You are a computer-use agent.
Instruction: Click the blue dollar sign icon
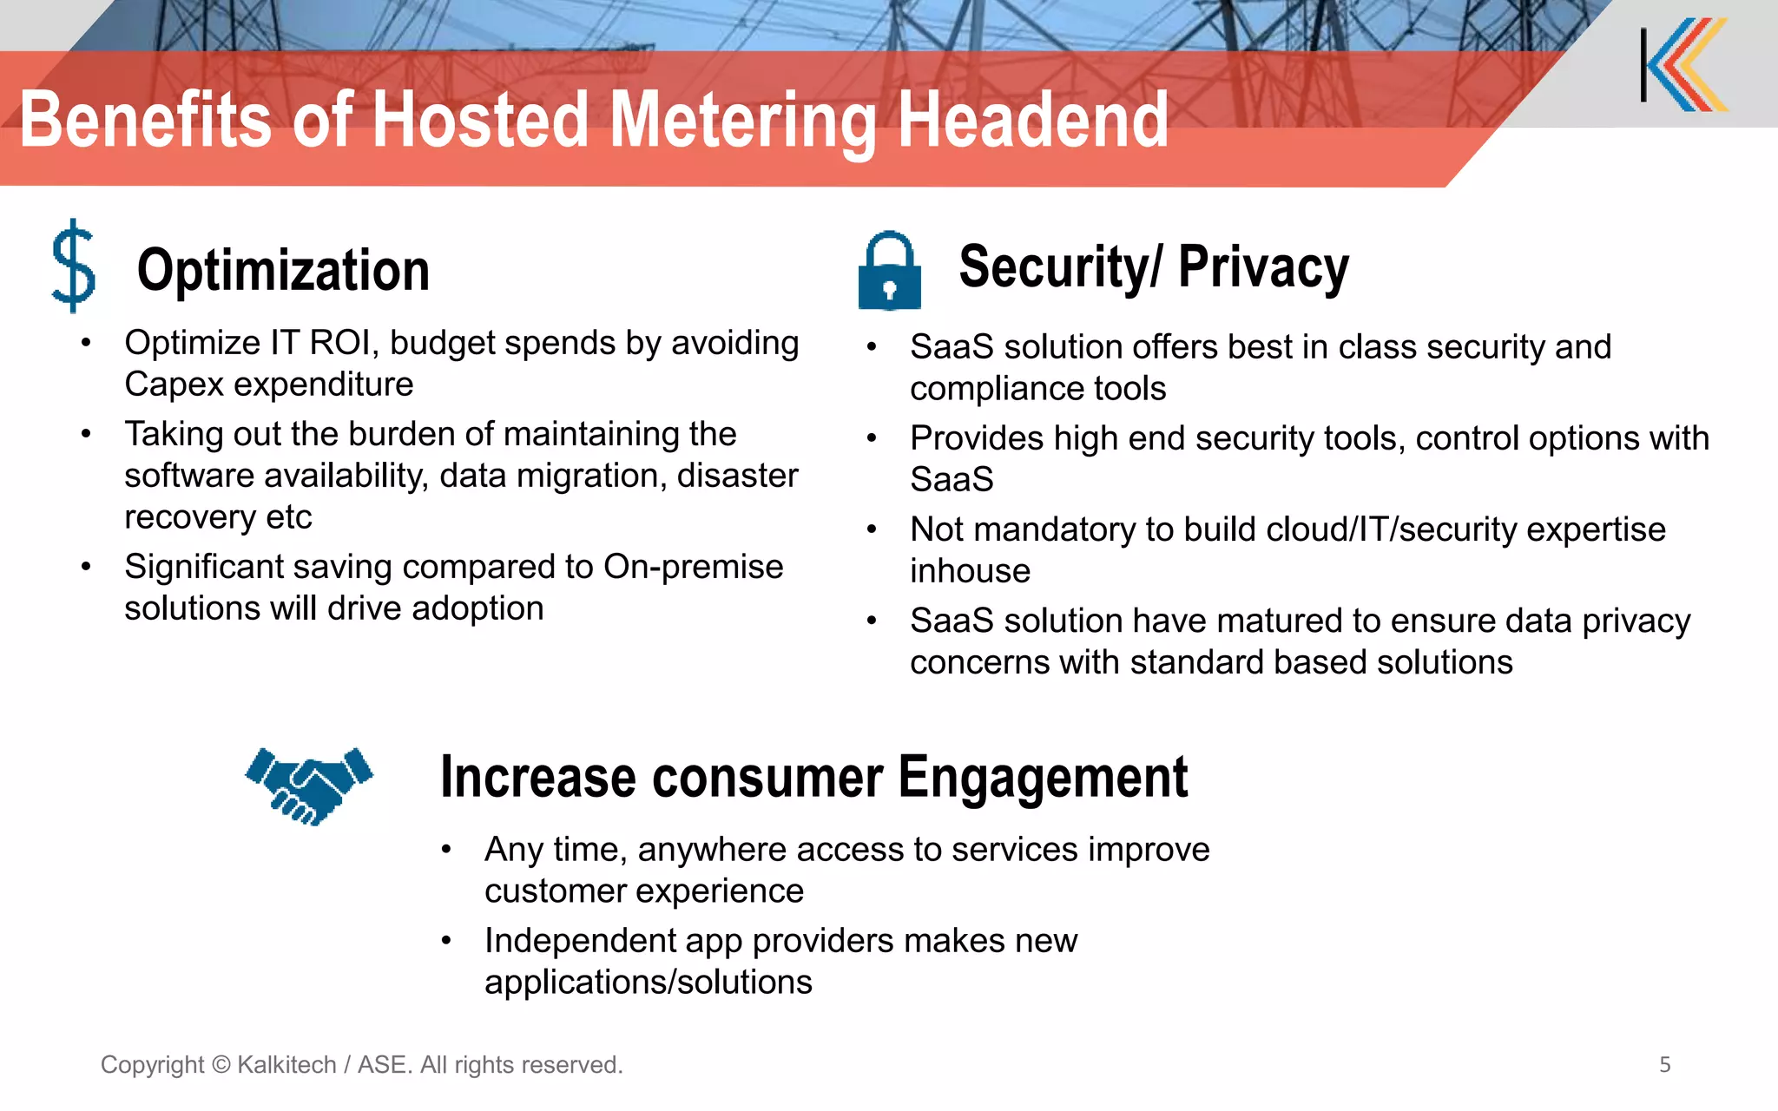click(74, 266)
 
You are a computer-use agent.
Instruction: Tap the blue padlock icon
click(889, 272)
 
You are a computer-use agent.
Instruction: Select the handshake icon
click(309, 786)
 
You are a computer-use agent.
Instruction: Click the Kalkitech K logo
click(1684, 65)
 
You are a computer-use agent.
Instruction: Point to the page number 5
click(1664, 1065)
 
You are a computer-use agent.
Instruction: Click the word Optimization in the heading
click(283, 270)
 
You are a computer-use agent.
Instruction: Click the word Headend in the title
click(1032, 122)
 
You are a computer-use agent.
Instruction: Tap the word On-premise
click(693, 567)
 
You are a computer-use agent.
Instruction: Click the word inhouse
click(970, 571)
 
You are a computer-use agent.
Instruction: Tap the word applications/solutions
click(648, 983)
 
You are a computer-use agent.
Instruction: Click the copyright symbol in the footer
click(221, 1065)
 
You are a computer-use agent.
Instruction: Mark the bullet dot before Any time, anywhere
click(446, 850)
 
